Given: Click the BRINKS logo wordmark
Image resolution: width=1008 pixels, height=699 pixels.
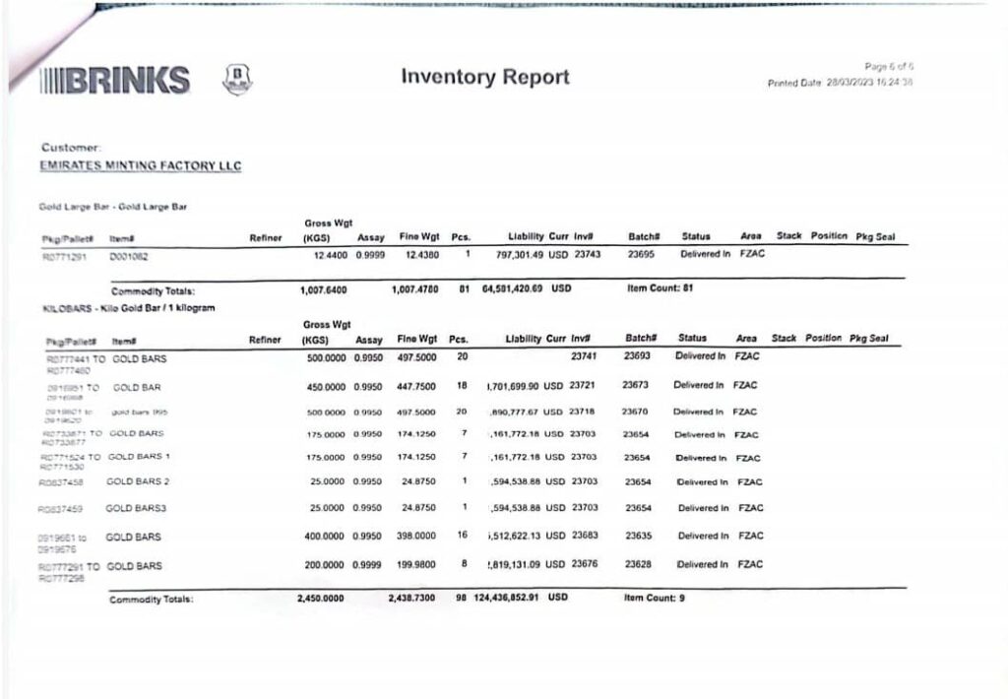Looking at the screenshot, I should point(115,80).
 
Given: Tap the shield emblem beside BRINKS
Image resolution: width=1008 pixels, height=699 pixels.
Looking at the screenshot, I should point(238,79).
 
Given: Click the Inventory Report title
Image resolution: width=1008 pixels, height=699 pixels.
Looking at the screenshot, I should point(485,77).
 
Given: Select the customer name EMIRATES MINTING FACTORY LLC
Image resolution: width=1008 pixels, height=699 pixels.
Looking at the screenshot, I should point(141,165).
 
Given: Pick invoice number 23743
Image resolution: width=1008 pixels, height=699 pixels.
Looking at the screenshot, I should point(587,254).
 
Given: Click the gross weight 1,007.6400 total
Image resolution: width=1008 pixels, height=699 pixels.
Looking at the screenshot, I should point(326,290).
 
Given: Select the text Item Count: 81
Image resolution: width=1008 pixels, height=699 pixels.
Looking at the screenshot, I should point(661,289).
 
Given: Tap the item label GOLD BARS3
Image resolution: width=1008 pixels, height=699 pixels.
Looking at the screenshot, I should point(135,509).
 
